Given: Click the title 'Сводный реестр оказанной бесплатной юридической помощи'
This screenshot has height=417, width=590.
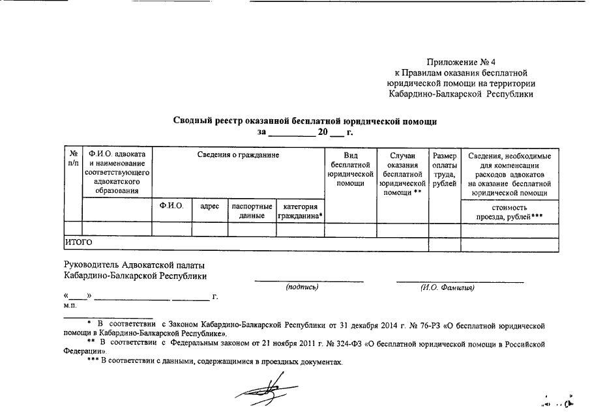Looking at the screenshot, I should (x=304, y=121).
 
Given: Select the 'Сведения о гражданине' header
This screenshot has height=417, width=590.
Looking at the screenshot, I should (x=239, y=156).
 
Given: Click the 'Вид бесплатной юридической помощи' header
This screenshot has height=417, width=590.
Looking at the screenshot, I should (x=351, y=169).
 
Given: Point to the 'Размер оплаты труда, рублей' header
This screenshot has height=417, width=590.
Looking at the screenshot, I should (x=444, y=169).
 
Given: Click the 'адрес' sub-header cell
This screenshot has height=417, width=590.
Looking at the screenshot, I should (x=209, y=206).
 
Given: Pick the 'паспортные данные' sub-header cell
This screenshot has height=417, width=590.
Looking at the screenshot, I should (x=252, y=210).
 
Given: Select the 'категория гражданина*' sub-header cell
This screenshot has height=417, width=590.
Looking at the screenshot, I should (x=301, y=210).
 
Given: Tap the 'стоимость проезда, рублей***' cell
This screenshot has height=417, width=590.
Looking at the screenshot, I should (x=510, y=210).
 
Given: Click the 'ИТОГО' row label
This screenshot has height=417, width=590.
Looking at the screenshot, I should (x=78, y=243).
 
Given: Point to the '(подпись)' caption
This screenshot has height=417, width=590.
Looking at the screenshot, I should (x=302, y=287).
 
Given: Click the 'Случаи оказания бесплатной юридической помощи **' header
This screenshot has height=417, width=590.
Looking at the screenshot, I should (x=402, y=174).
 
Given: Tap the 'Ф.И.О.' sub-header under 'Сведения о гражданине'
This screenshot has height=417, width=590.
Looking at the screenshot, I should (x=171, y=206).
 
